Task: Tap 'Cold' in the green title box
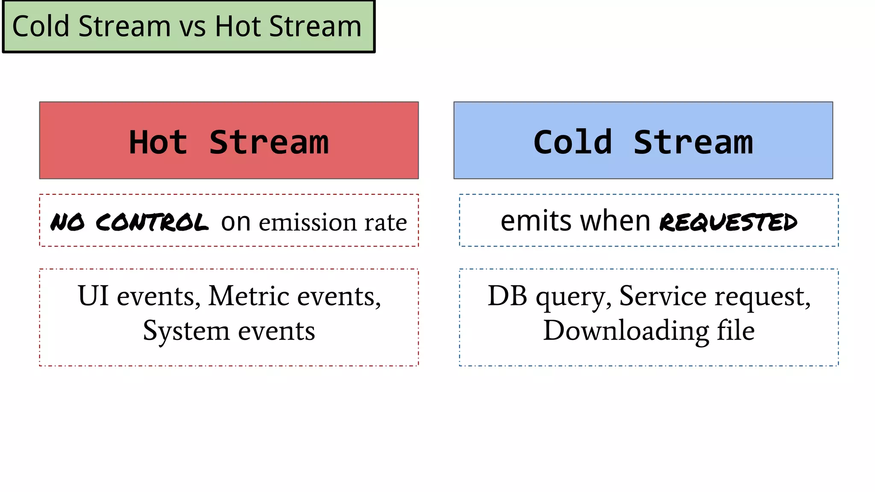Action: (x=41, y=26)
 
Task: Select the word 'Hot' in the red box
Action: (x=158, y=142)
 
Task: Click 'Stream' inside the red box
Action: (x=269, y=142)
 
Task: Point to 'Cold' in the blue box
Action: (x=573, y=142)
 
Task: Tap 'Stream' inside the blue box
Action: (x=693, y=142)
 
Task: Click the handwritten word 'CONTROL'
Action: (x=152, y=223)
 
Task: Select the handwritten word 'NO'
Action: (x=67, y=223)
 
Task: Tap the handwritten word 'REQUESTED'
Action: (x=728, y=223)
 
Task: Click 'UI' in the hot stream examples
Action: (x=93, y=296)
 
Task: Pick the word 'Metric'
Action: (x=249, y=296)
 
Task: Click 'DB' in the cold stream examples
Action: (x=507, y=296)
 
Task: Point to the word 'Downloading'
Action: (x=625, y=331)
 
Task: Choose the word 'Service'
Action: (x=663, y=296)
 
